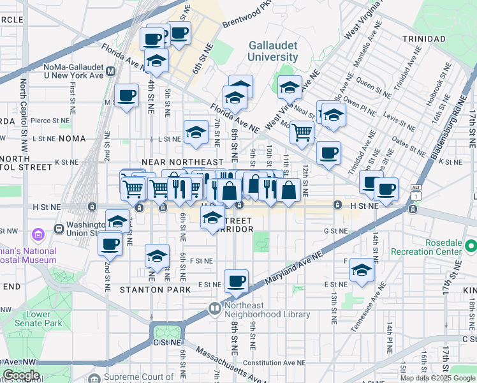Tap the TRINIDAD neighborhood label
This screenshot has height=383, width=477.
(423, 39)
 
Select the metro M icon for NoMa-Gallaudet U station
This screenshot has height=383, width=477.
(111, 71)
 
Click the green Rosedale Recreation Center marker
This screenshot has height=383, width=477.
(471, 246)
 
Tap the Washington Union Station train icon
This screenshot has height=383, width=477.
(59, 227)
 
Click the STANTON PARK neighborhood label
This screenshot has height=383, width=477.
(156, 290)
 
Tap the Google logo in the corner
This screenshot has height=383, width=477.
(21, 375)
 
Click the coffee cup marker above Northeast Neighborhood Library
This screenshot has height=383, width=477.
(237, 281)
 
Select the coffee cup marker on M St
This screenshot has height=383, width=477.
(126, 96)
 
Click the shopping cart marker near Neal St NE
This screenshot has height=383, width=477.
(302, 132)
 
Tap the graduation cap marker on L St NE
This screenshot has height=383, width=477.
(196, 132)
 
